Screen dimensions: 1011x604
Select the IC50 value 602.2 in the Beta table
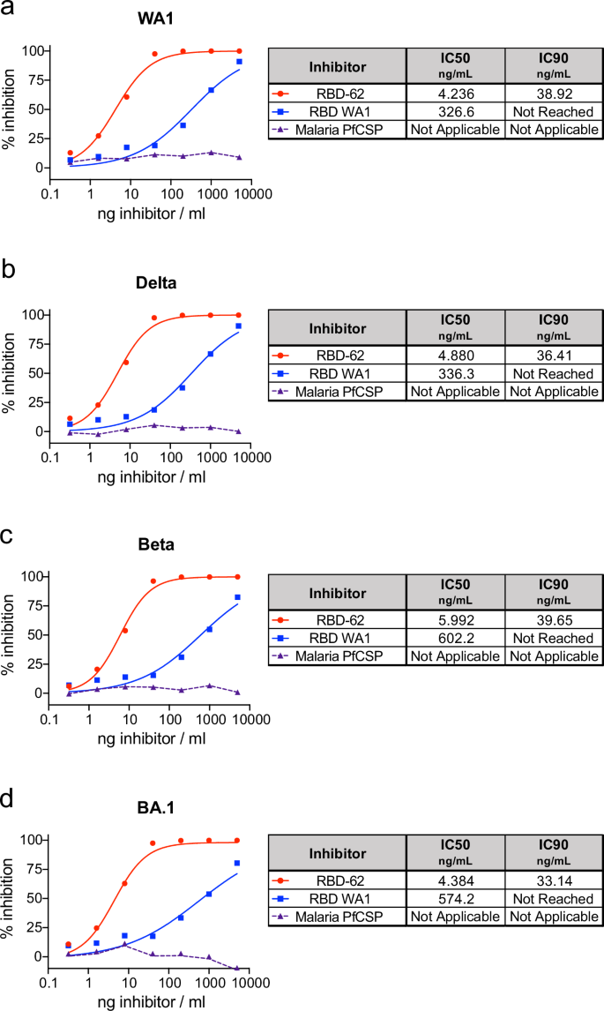pyautogui.click(x=455, y=638)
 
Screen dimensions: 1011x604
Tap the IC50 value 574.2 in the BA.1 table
pyautogui.click(x=455, y=899)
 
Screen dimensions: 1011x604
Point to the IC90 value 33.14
pyautogui.click(x=553, y=881)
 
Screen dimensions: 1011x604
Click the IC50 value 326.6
pyautogui.click(x=455, y=111)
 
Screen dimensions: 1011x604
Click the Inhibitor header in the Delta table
pyautogui.click(x=336, y=328)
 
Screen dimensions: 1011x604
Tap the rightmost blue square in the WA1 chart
pyautogui.click(x=239, y=62)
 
